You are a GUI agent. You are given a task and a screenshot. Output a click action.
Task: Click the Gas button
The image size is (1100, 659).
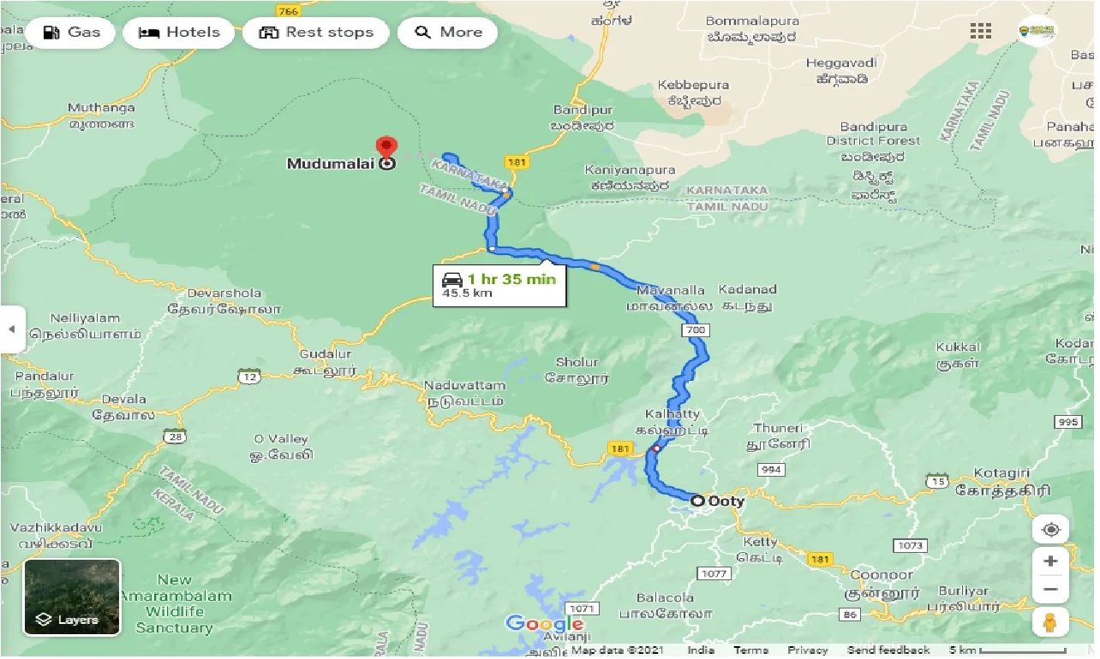click(x=72, y=33)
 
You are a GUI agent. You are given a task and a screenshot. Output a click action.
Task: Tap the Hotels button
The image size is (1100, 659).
click(x=179, y=33)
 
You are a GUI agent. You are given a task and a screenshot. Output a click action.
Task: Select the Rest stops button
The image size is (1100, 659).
click(x=316, y=33)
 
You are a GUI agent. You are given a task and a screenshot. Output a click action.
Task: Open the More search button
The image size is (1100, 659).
click(x=449, y=33)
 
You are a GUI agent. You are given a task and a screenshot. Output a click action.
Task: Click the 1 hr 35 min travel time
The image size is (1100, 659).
click(x=511, y=279)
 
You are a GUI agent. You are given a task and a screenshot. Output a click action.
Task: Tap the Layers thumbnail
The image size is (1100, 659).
click(x=72, y=597)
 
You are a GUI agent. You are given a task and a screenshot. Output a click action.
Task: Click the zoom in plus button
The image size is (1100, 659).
click(x=1050, y=561)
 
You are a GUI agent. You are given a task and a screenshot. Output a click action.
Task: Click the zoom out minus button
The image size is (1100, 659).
click(x=1050, y=590)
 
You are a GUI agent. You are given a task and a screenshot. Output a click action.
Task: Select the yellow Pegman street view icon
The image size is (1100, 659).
click(x=1050, y=622)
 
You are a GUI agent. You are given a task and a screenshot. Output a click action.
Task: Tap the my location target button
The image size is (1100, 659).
click(x=1050, y=530)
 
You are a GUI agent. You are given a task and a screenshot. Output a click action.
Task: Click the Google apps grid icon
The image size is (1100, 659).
click(x=980, y=32)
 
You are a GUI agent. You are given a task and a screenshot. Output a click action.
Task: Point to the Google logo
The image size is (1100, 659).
click(x=544, y=623)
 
